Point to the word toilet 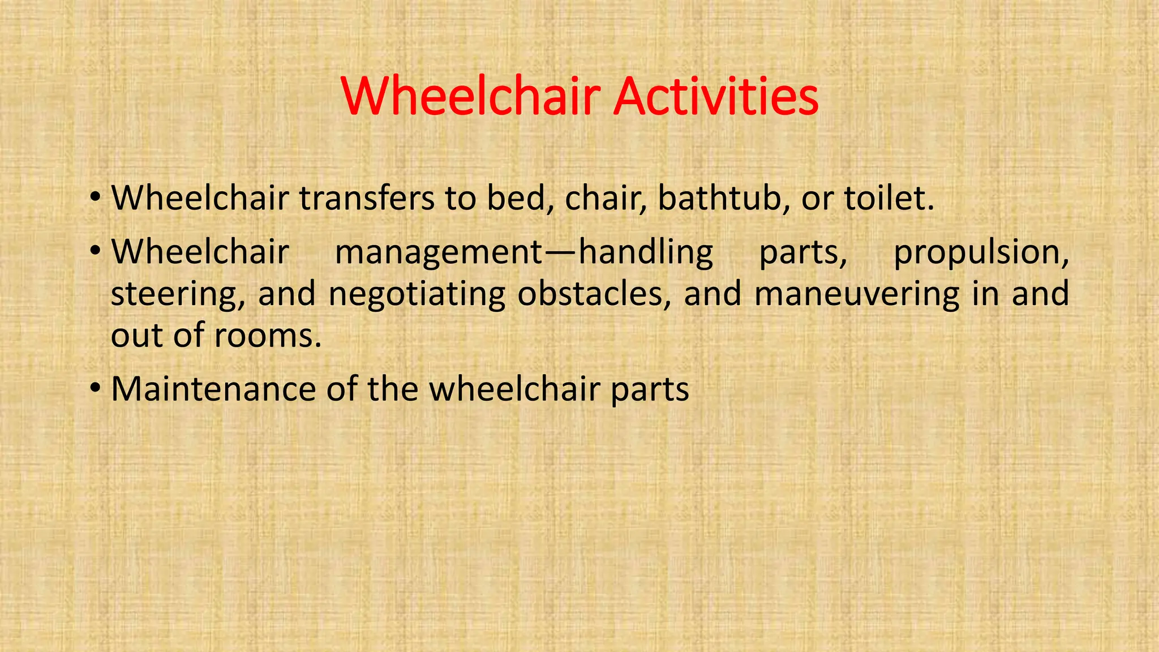pos(888,199)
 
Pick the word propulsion pos(981,253)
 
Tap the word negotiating pos(417,295)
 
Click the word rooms pos(268,336)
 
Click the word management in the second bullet pos(439,253)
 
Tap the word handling pos(646,253)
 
